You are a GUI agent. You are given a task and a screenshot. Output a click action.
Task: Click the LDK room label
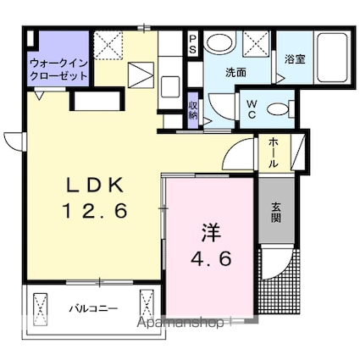pos(95,186)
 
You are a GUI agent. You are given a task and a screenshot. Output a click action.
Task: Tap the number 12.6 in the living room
pos(95,211)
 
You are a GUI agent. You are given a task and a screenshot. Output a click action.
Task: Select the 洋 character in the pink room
pos(211,233)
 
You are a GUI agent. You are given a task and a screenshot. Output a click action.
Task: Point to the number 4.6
pos(212,258)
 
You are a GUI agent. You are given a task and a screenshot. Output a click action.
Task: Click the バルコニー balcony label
pos(93,308)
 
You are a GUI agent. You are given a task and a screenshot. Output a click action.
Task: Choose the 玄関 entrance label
pos(276,213)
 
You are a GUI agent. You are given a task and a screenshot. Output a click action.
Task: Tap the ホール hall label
pos(272,152)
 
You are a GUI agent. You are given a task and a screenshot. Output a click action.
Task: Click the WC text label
pos(252,109)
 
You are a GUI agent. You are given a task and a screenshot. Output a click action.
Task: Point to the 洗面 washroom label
pos(235,73)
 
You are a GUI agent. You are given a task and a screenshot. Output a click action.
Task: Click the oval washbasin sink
pos(220,43)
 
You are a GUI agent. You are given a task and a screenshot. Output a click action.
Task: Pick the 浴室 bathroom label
pos(295,58)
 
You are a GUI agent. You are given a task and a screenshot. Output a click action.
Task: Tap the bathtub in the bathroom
pos(332,58)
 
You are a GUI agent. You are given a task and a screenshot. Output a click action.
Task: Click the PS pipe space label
pos(192,44)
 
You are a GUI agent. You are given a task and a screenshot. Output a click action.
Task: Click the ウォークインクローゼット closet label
pos(58,69)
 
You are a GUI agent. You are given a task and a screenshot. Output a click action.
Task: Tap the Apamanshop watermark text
pos(180,323)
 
